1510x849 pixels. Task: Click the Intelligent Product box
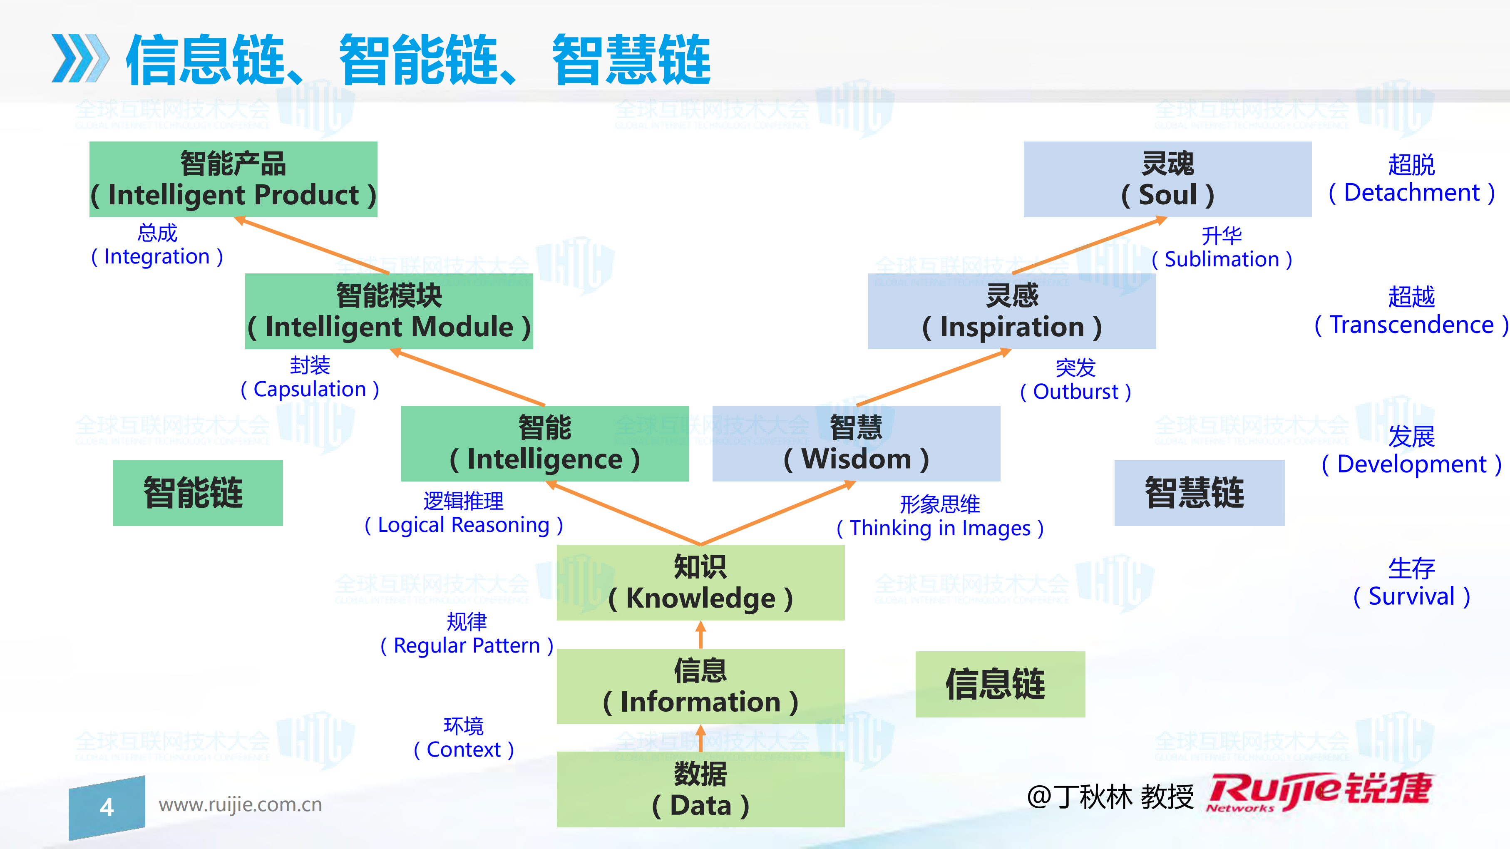click(x=233, y=179)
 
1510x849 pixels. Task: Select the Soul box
click(x=1167, y=179)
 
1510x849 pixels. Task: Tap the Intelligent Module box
click(x=389, y=311)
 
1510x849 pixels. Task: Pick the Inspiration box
click(x=1012, y=311)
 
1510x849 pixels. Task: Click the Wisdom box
click(x=856, y=444)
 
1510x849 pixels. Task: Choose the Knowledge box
click(x=700, y=583)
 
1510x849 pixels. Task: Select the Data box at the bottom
click(x=700, y=790)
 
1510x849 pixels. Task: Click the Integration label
click(x=157, y=246)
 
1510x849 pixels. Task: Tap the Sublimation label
click(x=1222, y=248)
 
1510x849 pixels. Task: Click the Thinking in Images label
click(x=940, y=516)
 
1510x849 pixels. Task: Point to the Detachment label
click(x=1411, y=179)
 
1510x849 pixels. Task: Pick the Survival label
click(x=1411, y=583)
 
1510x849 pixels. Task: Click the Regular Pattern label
click(x=467, y=634)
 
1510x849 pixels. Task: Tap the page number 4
click(x=107, y=807)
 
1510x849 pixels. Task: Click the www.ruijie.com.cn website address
click(x=240, y=804)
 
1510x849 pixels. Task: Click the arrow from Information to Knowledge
click(x=700, y=634)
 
